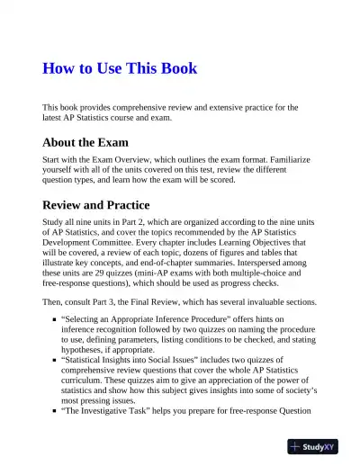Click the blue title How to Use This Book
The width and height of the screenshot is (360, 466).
(120, 68)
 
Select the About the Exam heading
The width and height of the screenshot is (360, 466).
(85, 142)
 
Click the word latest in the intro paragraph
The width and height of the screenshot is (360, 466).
(58, 118)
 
